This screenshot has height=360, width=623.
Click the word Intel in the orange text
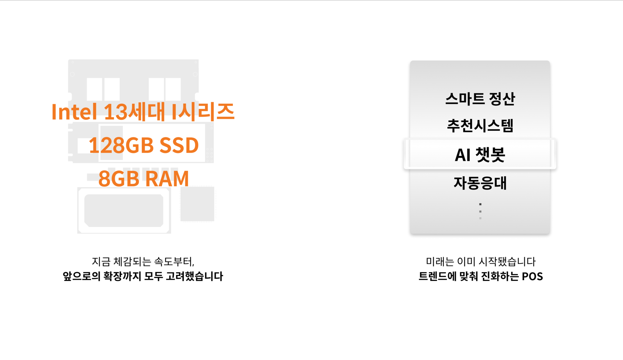(x=74, y=112)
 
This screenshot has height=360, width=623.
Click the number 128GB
(x=121, y=145)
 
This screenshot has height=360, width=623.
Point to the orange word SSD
(x=179, y=145)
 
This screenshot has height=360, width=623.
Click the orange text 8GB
(x=118, y=179)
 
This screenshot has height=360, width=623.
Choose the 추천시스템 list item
(x=480, y=126)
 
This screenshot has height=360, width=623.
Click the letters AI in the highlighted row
(x=462, y=155)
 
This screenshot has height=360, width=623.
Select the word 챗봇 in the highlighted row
(x=490, y=155)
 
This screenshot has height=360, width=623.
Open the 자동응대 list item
(x=480, y=183)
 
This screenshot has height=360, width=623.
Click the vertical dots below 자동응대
(x=480, y=211)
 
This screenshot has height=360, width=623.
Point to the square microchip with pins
(x=198, y=204)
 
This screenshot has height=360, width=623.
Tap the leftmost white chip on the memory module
(x=94, y=89)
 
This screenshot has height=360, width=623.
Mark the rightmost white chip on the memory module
(x=173, y=89)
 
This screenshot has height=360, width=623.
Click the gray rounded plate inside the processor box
(x=124, y=210)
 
